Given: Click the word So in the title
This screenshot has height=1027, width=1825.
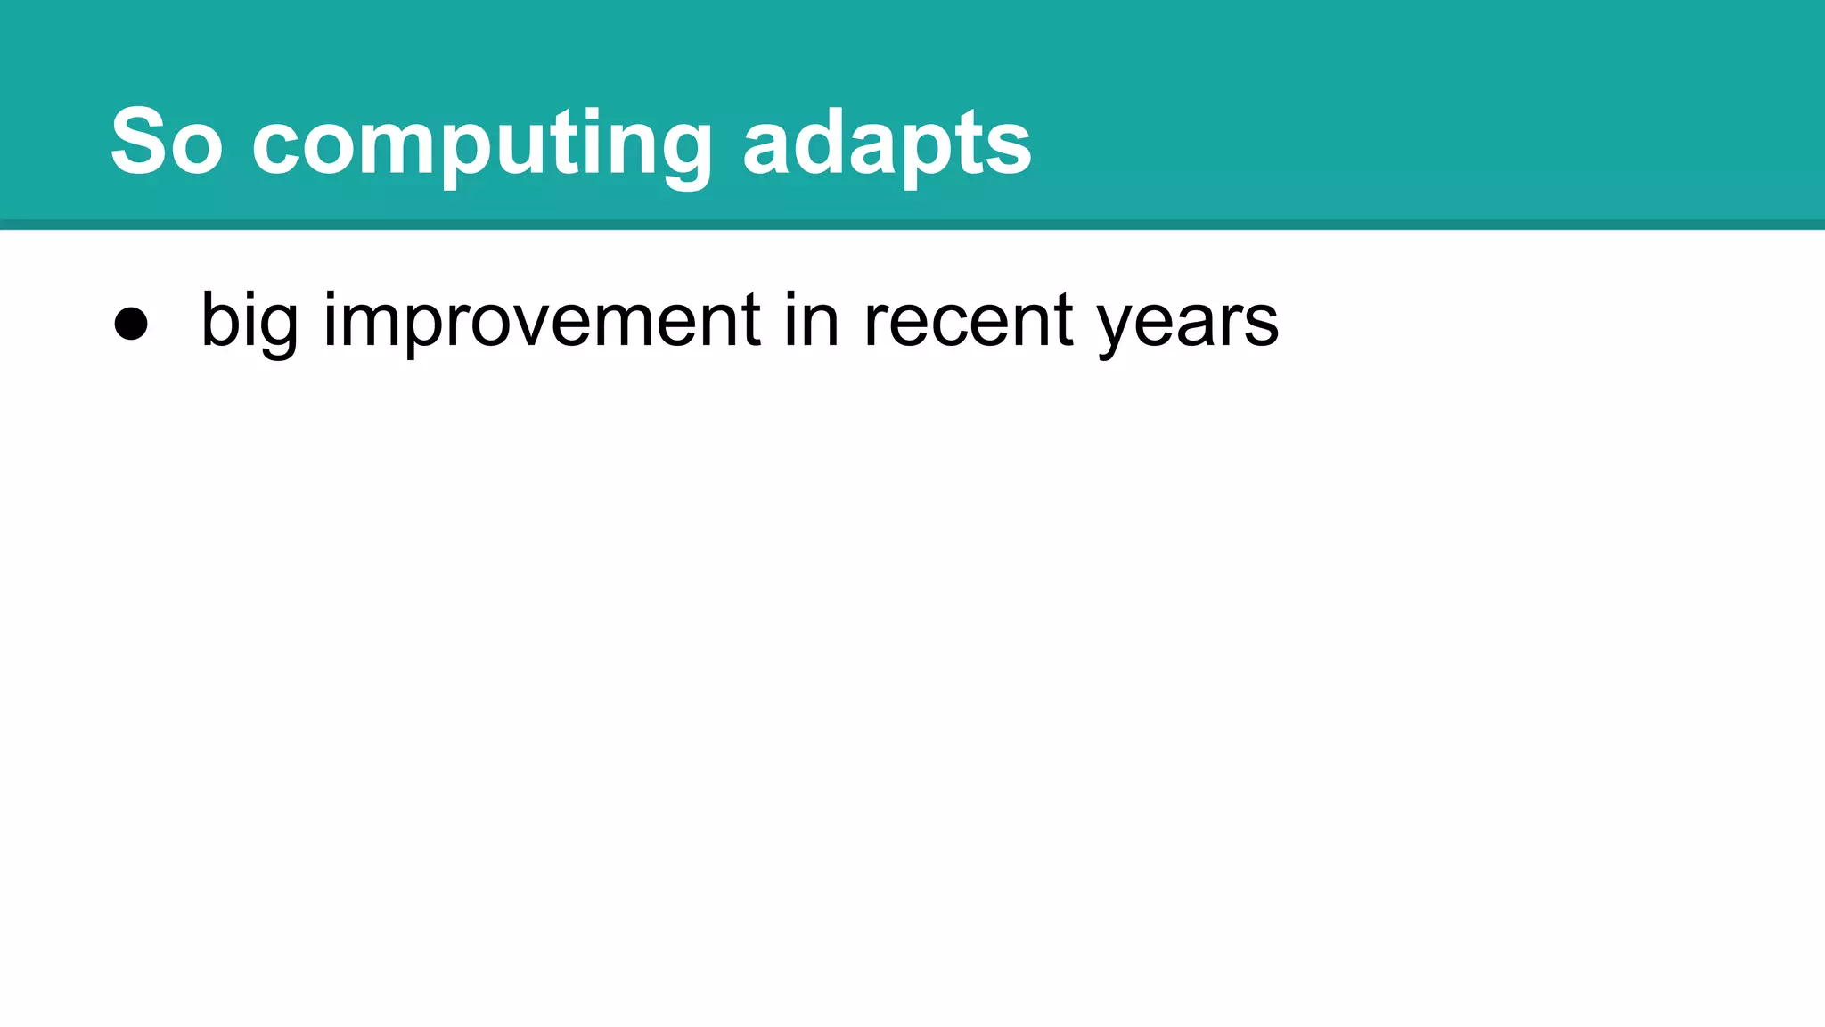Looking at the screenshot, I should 166,141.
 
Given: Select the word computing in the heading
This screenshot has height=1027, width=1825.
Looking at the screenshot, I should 481,143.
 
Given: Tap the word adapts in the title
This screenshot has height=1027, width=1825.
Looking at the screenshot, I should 887,143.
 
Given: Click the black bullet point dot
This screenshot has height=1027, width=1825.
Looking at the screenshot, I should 131,324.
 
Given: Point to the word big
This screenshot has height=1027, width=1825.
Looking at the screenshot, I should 249,319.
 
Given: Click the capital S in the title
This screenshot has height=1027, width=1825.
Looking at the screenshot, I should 139,141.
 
